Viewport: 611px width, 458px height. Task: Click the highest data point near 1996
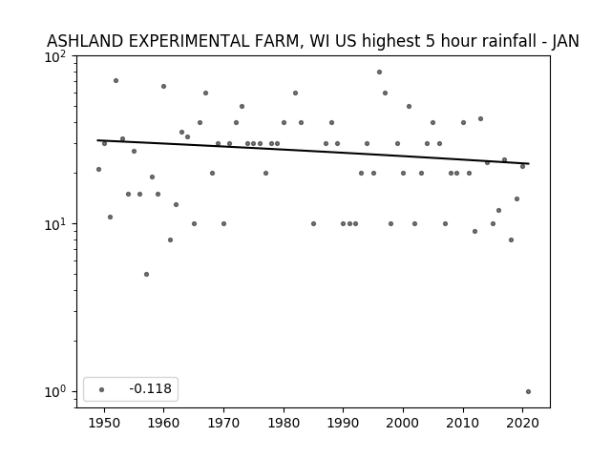click(379, 73)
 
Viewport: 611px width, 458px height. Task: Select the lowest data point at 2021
click(528, 392)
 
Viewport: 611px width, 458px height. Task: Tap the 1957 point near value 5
click(146, 275)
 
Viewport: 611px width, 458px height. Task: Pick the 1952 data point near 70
click(116, 80)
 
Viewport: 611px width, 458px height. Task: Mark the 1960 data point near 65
click(163, 87)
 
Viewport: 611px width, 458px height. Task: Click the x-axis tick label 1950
click(104, 424)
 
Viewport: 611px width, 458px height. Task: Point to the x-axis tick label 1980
click(284, 424)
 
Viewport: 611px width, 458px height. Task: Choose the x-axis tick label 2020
click(522, 424)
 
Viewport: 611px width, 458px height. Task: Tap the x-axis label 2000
click(403, 424)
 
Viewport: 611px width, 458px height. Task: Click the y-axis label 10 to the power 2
click(57, 57)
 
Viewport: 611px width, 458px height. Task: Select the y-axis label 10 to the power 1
click(57, 225)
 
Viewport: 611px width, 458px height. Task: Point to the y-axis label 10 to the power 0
click(57, 392)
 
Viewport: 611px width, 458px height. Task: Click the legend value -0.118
click(151, 388)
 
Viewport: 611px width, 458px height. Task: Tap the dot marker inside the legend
click(102, 389)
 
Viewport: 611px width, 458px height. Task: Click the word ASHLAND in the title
click(85, 41)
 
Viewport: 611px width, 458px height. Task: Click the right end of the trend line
click(529, 163)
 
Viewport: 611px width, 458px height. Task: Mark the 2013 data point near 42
click(481, 118)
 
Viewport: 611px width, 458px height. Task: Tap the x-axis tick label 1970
click(223, 424)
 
